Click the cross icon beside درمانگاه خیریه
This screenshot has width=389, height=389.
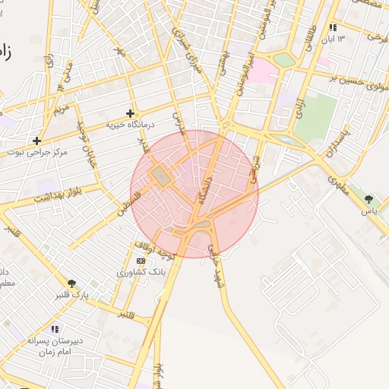pos(130,113)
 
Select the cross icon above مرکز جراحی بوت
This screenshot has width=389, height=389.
pos(36,141)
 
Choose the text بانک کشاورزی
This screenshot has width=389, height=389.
pos(142,271)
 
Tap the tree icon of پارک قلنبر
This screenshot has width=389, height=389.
pos(72,283)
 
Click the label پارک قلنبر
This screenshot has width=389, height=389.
pos(71,295)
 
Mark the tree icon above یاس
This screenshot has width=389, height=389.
pos(368,199)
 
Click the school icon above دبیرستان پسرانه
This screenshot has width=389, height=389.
pos(54,329)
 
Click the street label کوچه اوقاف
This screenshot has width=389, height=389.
pos(154,251)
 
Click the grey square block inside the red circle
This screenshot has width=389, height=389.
pos(161,176)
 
